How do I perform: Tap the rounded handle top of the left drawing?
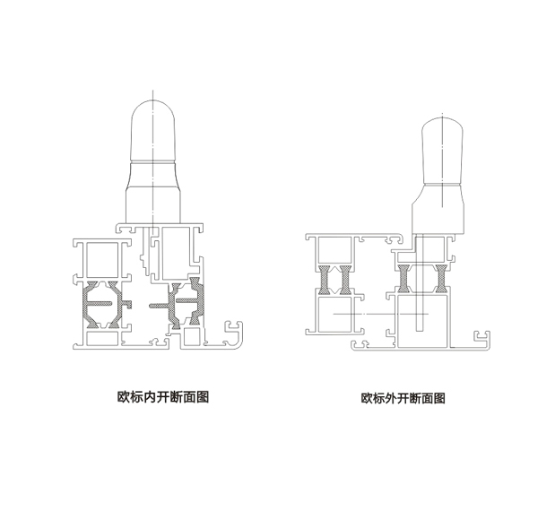coord(155,129)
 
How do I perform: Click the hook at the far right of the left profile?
coord(239,333)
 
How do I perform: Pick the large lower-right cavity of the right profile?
coord(421,318)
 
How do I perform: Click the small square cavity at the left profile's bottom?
coord(191,337)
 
